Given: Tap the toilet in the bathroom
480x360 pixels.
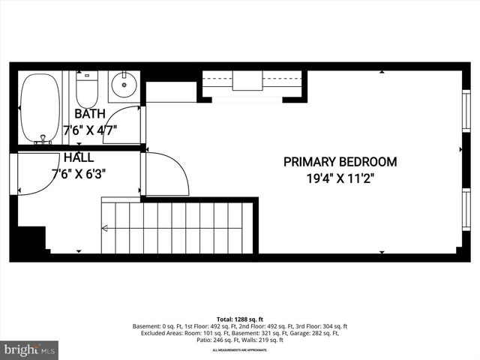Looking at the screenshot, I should [x=87, y=89].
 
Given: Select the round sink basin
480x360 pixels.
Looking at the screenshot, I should [x=123, y=86].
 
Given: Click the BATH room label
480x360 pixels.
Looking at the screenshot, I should [x=90, y=115].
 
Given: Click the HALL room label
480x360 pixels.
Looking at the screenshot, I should [x=79, y=158].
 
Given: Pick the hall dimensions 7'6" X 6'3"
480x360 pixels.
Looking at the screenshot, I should [x=79, y=173].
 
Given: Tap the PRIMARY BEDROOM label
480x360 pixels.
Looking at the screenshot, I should [x=340, y=161].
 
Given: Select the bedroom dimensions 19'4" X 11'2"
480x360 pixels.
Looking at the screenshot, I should [x=340, y=178].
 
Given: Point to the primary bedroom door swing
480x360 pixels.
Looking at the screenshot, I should [x=166, y=174].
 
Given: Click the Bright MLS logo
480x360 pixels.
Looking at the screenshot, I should [x=29, y=349].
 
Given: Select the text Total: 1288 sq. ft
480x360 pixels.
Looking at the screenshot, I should [x=239, y=319].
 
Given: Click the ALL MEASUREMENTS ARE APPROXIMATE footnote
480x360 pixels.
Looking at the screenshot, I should [x=239, y=350].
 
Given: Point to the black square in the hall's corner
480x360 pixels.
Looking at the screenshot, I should [x=31, y=240].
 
